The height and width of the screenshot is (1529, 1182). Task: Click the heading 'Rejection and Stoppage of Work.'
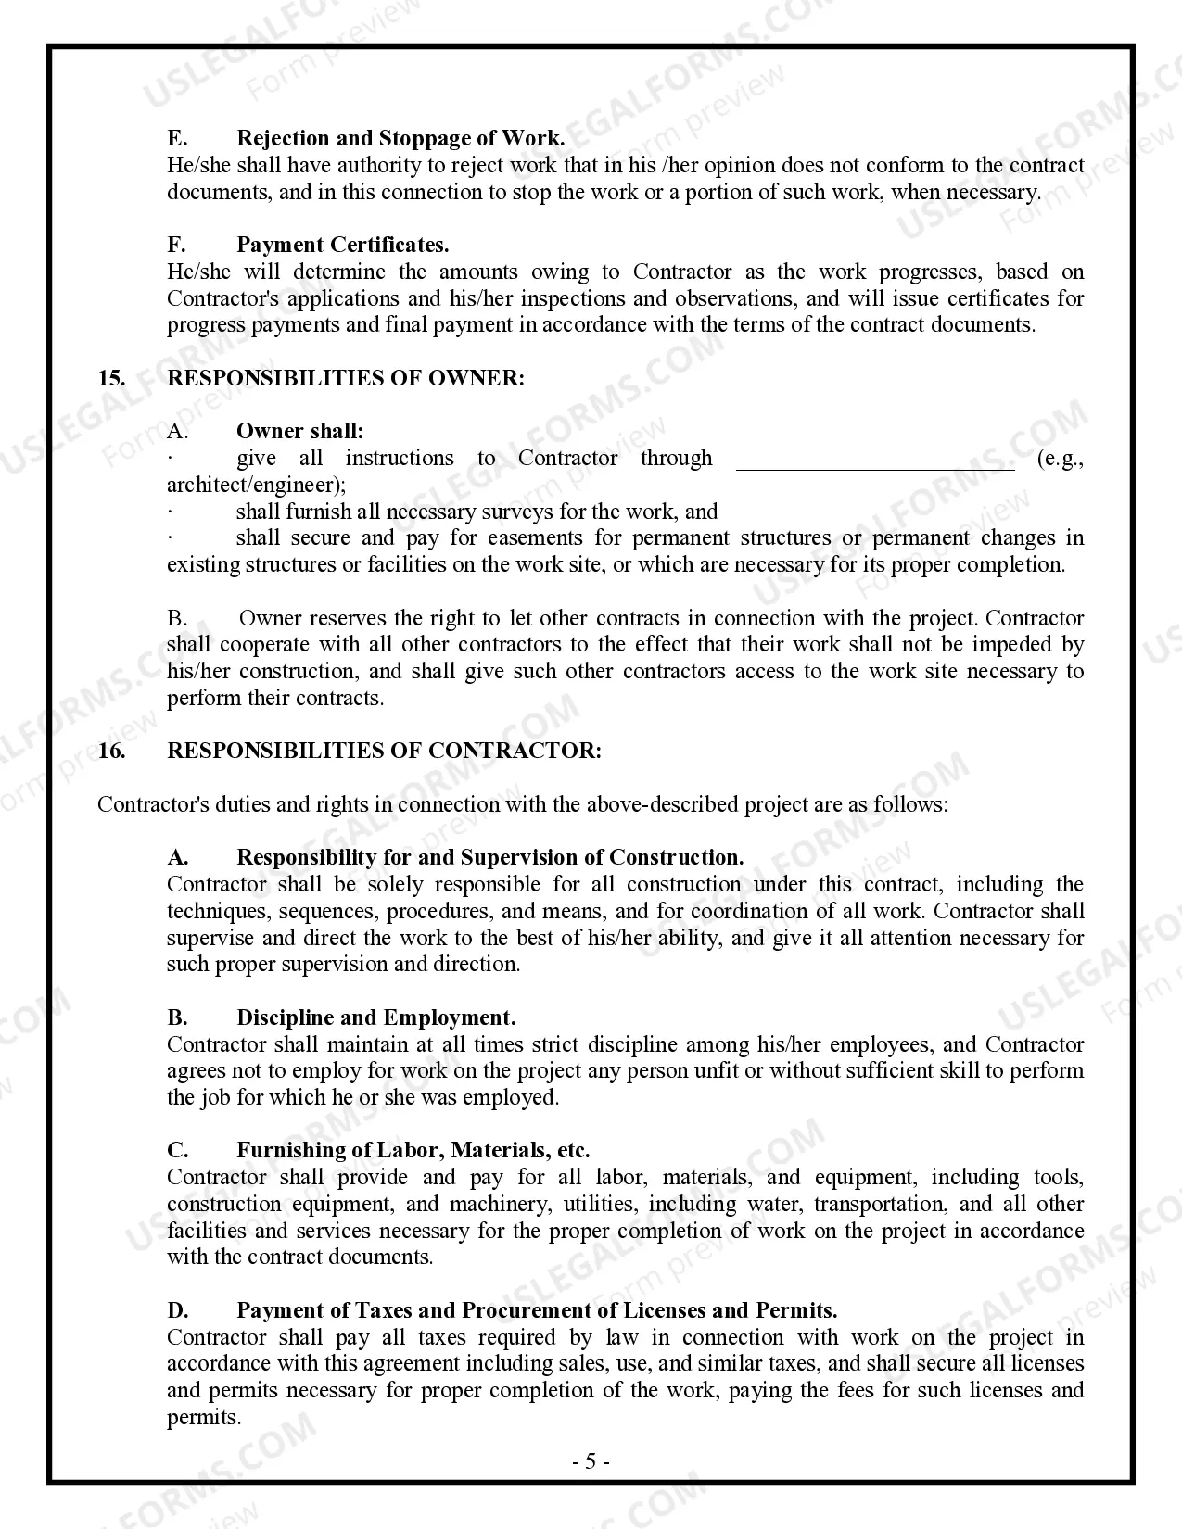click(400, 139)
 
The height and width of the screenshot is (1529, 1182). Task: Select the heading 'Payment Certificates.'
click(343, 246)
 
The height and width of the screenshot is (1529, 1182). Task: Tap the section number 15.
click(111, 378)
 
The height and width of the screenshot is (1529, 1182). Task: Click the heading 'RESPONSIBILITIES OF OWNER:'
click(346, 378)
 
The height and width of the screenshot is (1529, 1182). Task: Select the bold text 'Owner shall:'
click(300, 431)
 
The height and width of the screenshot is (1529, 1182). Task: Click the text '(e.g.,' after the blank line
click(1061, 459)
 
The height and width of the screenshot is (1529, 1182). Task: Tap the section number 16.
click(111, 751)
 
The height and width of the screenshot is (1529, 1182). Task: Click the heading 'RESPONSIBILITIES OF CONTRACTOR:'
click(384, 751)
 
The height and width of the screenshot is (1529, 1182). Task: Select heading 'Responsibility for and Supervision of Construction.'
click(490, 857)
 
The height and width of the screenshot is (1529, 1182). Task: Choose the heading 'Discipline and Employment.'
click(376, 1017)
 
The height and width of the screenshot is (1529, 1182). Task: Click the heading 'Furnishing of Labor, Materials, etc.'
click(413, 1151)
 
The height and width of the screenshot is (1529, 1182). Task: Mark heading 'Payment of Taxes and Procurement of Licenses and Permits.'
click(537, 1310)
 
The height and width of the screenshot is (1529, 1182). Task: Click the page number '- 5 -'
click(591, 1462)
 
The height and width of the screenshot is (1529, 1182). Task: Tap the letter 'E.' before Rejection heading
click(177, 139)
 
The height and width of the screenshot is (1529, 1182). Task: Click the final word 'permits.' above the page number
click(204, 1417)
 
